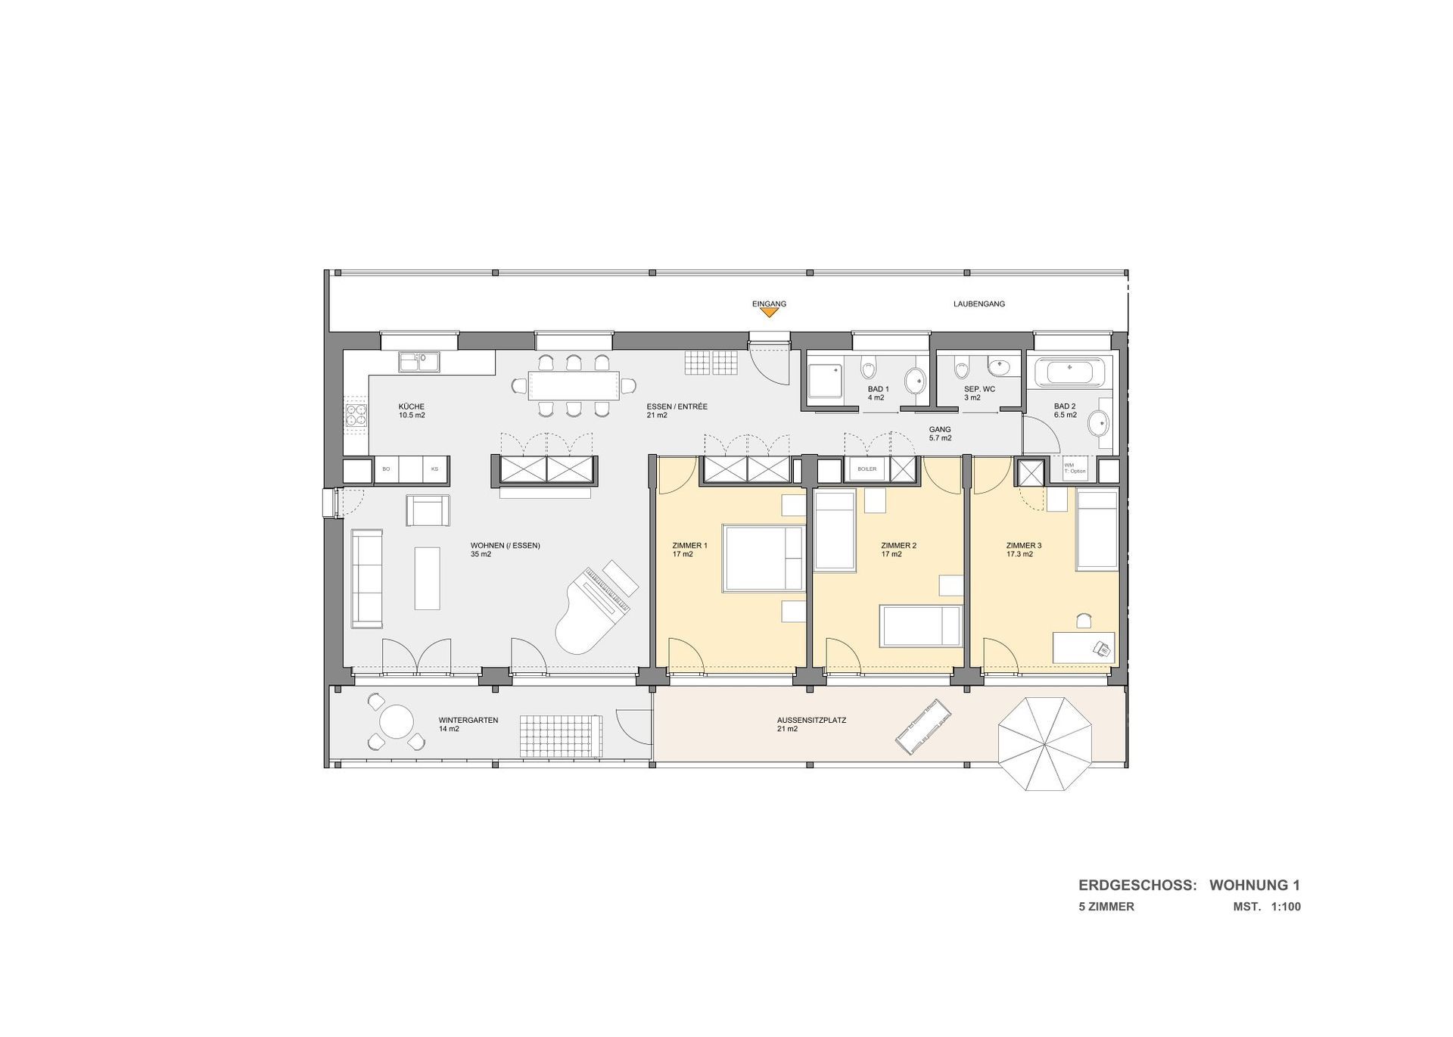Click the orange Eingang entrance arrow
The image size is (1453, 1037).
coord(769,312)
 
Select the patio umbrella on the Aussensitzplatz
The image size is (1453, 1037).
coord(1044,744)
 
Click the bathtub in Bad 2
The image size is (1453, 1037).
coord(1069,372)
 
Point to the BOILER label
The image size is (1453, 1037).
coord(867,469)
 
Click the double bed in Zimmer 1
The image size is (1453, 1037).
coord(764,558)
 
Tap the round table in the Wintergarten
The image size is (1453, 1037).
coord(397,722)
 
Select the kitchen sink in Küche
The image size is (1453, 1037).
coord(418,362)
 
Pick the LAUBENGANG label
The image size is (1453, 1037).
coord(979,304)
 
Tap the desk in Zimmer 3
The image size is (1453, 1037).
coord(1084,648)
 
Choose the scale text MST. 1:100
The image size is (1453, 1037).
coord(1267,907)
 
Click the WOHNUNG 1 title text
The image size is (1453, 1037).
coord(1255,885)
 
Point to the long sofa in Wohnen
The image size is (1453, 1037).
coord(367,578)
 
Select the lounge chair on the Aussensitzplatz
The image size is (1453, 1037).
coord(923,727)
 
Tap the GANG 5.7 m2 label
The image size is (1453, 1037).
coord(940,434)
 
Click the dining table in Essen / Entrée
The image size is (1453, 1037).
coord(573,385)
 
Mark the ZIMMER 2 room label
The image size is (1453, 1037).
coord(898,550)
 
